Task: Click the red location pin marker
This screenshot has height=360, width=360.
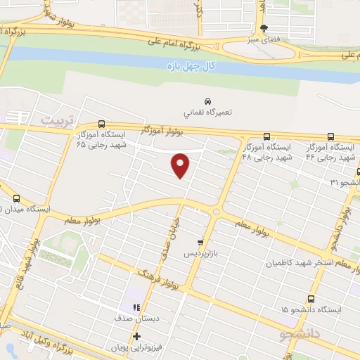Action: pos(181,165)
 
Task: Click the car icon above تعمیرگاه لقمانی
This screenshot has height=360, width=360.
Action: pos(207,101)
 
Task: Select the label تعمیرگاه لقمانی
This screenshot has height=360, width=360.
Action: pos(207,112)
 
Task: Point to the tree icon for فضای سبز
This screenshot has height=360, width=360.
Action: pos(264,29)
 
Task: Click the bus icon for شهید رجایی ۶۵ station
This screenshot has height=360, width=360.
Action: pos(103,122)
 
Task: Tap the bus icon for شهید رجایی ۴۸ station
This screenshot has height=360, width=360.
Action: pos(266,136)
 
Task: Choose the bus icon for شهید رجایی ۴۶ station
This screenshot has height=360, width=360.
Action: pos(330,137)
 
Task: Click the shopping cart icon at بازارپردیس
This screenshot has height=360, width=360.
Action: pos(201,241)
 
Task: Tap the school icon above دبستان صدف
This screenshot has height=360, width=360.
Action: pos(135,307)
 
